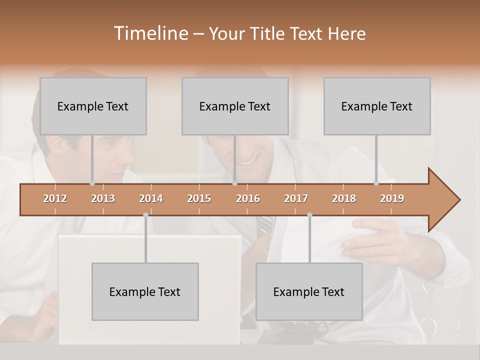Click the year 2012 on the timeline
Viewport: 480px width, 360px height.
pyautogui.click(x=55, y=198)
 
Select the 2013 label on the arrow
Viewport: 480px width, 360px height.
pyautogui.click(x=103, y=198)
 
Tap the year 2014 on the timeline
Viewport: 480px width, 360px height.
pyautogui.click(x=151, y=198)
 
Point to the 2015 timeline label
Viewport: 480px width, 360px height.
pyautogui.click(x=199, y=198)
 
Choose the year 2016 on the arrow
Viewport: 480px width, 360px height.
pyautogui.click(x=248, y=198)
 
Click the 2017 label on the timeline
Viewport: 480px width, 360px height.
pyautogui.click(x=296, y=198)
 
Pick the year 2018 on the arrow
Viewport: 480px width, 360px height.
pyautogui.click(x=344, y=198)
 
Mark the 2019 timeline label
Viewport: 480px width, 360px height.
pyautogui.click(x=392, y=198)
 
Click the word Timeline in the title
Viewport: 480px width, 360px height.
pyautogui.click(x=150, y=33)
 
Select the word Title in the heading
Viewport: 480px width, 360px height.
pyautogui.click(x=270, y=33)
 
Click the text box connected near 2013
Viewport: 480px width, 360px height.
pyautogui.click(x=93, y=106)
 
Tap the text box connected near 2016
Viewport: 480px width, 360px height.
pyautogui.click(x=235, y=106)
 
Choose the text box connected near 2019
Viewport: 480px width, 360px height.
pyautogui.click(x=377, y=106)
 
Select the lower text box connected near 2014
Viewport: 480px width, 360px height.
pyautogui.click(x=145, y=291)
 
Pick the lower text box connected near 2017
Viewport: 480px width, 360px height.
pyautogui.click(x=309, y=291)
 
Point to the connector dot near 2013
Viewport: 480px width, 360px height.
pyautogui.click(x=92, y=183)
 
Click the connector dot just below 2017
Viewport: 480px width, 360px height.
pyautogui.click(x=309, y=215)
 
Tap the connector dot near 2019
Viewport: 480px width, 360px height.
pyautogui.click(x=376, y=183)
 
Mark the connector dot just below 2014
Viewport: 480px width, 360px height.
pyautogui.click(x=145, y=215)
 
